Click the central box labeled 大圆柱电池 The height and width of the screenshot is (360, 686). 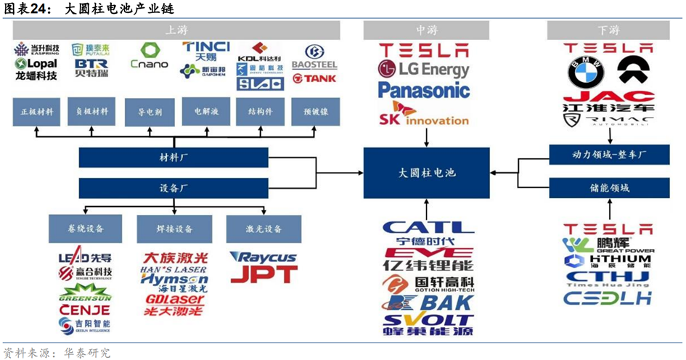click(x=427, y=173)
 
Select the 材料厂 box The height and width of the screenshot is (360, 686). click(x=173, y=157)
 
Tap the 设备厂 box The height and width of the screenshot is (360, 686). click(x=173, y=188)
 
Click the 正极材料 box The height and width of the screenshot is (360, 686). click(x=36, y=112)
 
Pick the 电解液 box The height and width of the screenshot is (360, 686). click(x=205, y=112)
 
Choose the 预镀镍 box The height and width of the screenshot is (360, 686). click(x=315, y=112)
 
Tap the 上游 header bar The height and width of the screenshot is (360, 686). click(x=176, y=30)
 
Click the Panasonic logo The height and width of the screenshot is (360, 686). click(x=424, y=90)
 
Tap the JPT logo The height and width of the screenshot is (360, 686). click(x=264, y=274)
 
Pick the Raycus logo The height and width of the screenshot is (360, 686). click(x=263, y=257)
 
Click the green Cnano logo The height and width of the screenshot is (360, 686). click(x=150, y=57)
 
